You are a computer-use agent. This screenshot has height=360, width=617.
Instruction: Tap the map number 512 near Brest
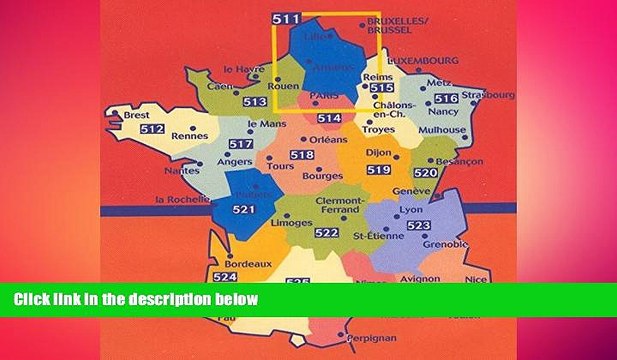click(x=153, y=129)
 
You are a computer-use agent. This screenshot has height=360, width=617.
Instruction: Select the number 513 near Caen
click(x=254, y=102)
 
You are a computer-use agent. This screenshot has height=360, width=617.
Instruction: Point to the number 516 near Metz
click(x=447, y=99)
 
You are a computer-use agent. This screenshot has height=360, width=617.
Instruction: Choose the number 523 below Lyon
click(x=419, y=226)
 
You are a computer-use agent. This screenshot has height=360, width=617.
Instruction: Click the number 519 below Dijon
click(x=378, y=171)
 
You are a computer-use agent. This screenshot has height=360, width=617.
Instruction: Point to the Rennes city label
click(x=189, y=136)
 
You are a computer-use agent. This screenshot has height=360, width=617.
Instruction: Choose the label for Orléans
click(x=329, y=139)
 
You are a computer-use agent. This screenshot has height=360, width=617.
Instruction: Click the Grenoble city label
click(x=445, y=244)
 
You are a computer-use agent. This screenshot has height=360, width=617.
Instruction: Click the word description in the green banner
click(x=156, y=299)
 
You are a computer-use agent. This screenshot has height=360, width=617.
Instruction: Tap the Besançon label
click(x=462, y=161)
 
